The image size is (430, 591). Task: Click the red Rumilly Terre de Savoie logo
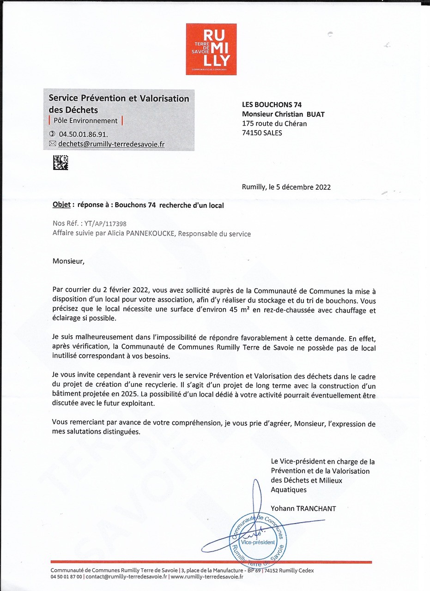(211, 49)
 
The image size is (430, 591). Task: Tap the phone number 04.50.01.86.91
(83, 134)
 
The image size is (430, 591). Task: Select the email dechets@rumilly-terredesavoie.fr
(111, 144)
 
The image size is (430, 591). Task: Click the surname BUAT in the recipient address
(315, 114)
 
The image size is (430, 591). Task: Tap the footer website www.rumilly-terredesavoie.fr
(207, 577)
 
